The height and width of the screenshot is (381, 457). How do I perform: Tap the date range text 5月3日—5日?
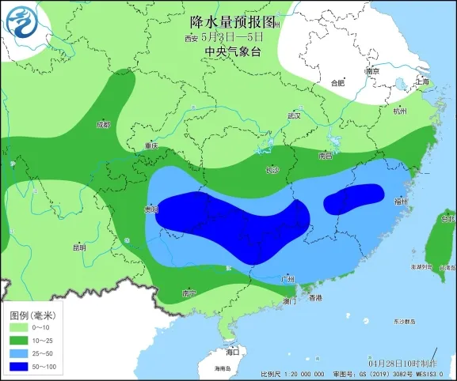[231, 36]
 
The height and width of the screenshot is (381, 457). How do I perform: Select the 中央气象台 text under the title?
[231, 51]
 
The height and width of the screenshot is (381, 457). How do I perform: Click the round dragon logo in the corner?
[21, 21]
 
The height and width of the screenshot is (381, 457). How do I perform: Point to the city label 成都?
[103, 124]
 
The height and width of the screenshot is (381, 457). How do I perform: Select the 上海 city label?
[422, 82]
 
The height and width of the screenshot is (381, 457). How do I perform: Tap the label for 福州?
[400, 202]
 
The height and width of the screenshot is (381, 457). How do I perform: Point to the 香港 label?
[315, 298]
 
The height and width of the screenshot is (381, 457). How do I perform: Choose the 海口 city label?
[232, 350]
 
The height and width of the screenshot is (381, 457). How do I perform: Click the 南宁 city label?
[189, 292]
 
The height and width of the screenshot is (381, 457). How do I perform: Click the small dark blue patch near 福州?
[354, 198]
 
